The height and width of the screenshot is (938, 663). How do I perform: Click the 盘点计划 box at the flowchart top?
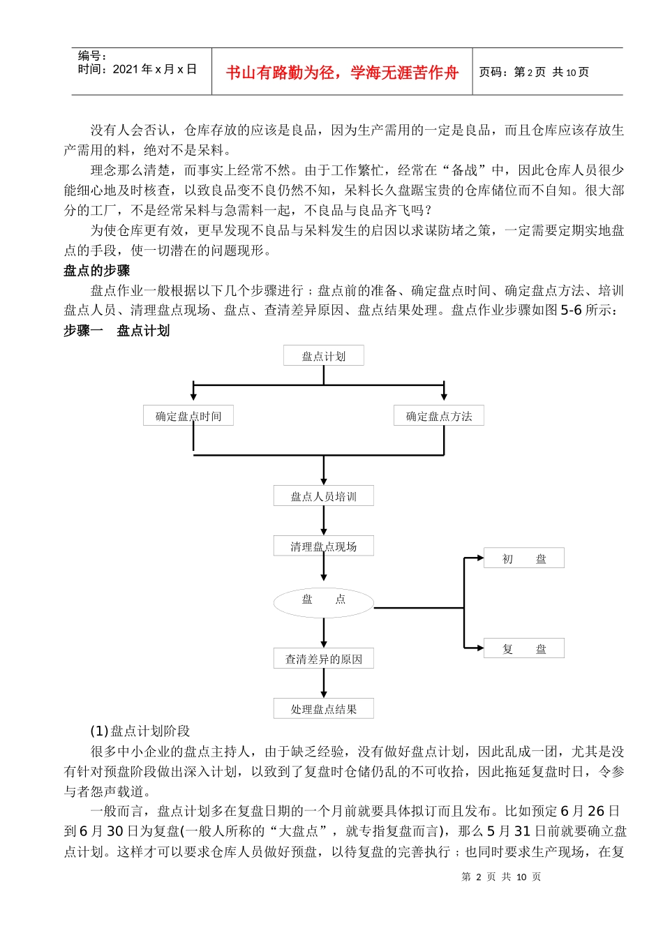coord(323,356)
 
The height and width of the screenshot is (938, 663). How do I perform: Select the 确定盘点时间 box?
coord(188,416)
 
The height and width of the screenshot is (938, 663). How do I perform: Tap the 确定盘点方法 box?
coord(438,416)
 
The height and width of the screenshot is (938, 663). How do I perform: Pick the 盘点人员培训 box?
coord(323,496)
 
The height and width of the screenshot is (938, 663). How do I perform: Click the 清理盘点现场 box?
coord(323,546)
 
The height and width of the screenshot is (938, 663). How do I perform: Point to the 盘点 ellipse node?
coord(323,601)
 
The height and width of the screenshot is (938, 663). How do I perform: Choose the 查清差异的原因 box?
coord(323,659)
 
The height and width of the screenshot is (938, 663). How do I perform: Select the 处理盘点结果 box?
coord(323,709)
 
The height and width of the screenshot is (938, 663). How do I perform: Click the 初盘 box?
coord(523,558)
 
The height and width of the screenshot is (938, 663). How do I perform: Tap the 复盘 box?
coord(523,649)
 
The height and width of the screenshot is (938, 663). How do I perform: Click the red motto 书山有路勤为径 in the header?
coord(342,73)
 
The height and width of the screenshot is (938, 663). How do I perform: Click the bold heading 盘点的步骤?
coord(96,271)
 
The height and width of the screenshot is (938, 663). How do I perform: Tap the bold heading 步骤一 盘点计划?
coord(117,331)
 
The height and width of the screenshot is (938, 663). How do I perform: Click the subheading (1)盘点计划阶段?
coord(140,731)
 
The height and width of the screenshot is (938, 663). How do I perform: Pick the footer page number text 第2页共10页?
coord(501,877)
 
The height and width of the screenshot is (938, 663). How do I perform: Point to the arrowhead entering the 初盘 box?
coord(479,558)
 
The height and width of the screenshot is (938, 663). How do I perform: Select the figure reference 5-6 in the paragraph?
coord(571,311)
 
